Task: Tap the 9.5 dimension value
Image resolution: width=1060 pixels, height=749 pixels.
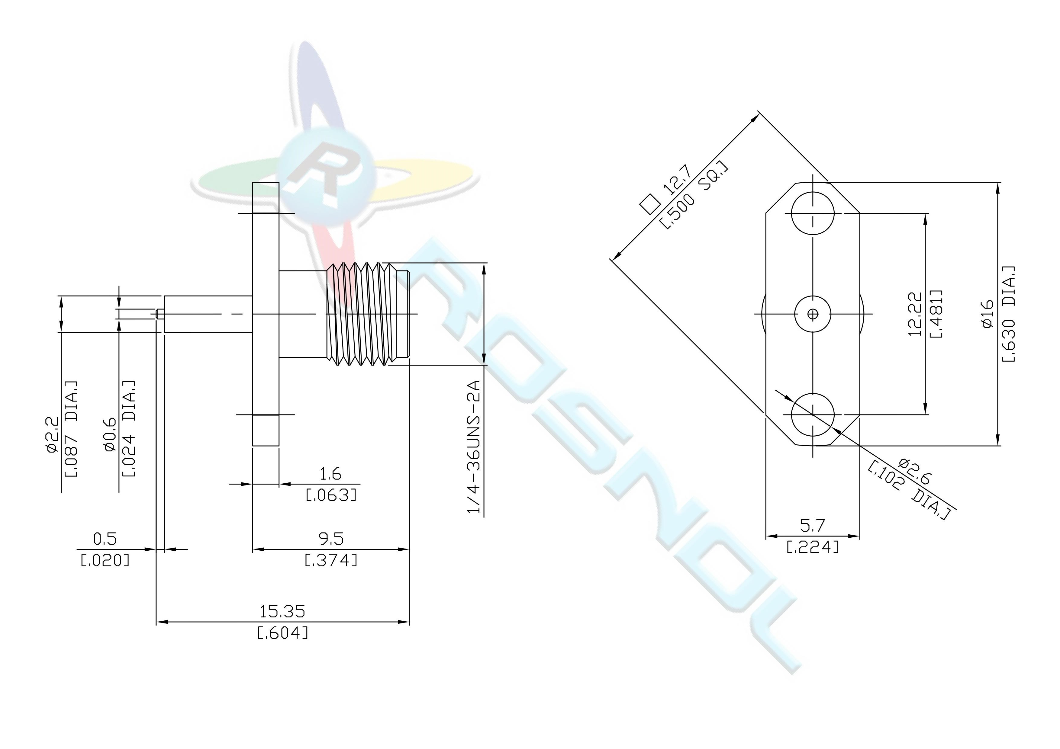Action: (331, 539)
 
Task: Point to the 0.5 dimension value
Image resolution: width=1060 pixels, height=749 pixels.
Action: (105, 539)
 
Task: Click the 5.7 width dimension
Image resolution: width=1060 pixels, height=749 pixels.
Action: (812, 525)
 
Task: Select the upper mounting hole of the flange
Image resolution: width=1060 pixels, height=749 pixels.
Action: (813, 214)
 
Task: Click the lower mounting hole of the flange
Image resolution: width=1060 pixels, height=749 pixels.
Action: (813, 415)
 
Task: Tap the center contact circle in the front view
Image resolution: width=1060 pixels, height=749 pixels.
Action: (813, 314)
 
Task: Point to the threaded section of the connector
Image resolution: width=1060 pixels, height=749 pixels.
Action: (358, 314)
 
